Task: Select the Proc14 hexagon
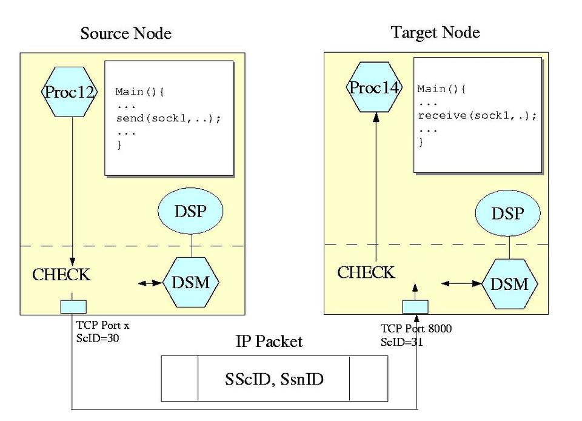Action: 374,87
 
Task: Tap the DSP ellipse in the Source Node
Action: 190,212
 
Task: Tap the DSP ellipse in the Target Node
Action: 507,214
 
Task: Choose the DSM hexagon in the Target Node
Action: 509,284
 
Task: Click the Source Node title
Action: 125,33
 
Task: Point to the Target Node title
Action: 435,32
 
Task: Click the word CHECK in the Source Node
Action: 61,275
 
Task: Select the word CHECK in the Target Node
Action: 366,272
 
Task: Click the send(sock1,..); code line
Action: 168,118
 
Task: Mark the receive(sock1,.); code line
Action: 477,115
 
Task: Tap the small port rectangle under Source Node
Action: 73,307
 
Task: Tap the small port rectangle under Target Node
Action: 415,306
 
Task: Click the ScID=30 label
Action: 98,338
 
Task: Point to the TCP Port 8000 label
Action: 416,329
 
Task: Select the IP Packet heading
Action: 269,342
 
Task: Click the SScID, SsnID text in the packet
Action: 274,379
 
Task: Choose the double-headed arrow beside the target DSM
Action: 461,283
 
